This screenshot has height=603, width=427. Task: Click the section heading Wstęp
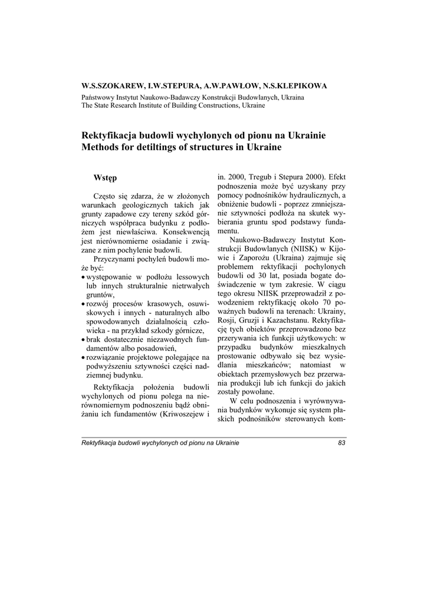coord(105,177)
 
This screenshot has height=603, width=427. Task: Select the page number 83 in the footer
coord(342,443)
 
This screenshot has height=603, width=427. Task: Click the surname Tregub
coord(259,176)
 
